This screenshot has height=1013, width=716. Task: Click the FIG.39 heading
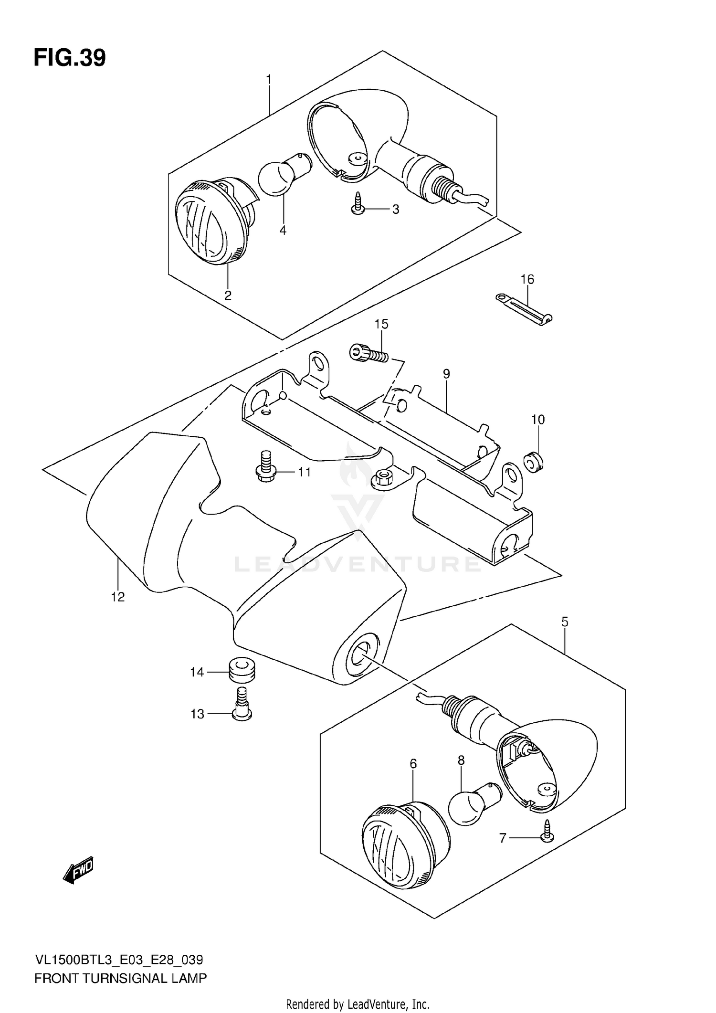[x=70, y=58]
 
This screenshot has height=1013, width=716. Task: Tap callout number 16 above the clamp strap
[x=527, y=279]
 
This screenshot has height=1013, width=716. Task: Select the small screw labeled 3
[x=357, y=206]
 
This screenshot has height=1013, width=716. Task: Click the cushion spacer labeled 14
[x=242, y=670]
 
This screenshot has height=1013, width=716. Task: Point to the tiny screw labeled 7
[x=548, y=836]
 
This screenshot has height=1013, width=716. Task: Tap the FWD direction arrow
[x=79, y=872]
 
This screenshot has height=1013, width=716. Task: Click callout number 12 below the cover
[x=117, y=597]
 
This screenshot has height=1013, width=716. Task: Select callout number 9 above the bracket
[x=446, y=374]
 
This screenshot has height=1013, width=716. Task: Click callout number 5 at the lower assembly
[x=565, y=622]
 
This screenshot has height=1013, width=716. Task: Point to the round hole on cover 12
[x=359, y=655]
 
